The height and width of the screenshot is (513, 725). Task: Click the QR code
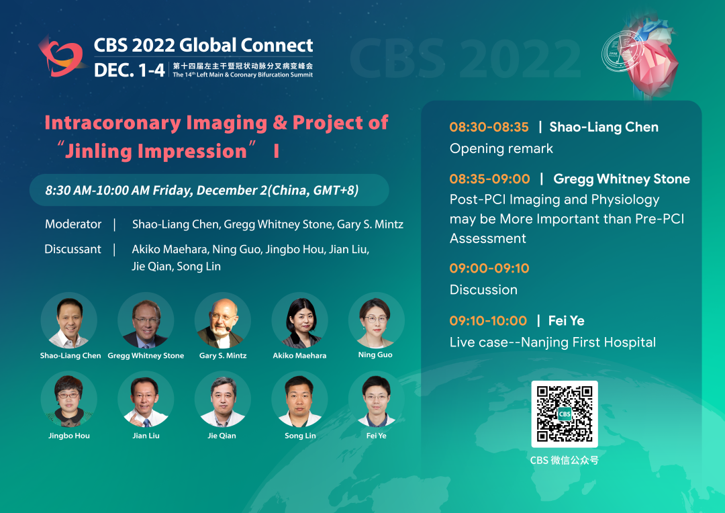pos(564,414)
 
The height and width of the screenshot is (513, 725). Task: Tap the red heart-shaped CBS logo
pos(62,56)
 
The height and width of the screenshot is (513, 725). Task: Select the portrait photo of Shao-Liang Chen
pos(69,320)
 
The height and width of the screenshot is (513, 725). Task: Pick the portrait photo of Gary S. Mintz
pos(223,320)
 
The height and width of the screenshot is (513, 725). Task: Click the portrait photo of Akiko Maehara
pos(299,320)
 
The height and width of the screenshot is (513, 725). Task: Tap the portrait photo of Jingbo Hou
pos(69,399)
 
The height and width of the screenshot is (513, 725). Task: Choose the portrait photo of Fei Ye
pos(377,399)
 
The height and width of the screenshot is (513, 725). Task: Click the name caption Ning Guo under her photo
pos(375,355)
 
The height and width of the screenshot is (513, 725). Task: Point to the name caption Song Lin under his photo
pos(300,436)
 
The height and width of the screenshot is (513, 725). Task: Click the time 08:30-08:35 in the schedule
pos(489,127)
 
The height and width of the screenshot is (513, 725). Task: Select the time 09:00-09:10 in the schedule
pos(489,269)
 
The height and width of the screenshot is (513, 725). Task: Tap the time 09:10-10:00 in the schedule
pos(488,320)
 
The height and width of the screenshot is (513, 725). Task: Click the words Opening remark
pos(501,148)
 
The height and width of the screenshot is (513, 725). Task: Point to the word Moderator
pos(73,224)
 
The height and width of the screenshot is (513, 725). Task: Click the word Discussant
pos(72,249)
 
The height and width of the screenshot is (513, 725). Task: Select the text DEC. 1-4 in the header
pos(129,71)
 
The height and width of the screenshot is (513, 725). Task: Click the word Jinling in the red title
pos(98,152)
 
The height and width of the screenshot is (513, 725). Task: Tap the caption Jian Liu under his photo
pos(146,436)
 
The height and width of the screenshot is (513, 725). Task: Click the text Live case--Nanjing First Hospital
pos(552,342)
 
